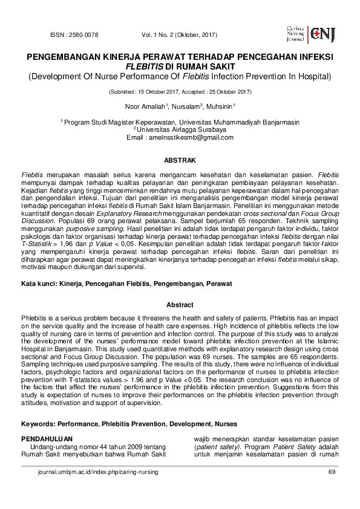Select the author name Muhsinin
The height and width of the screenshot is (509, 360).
[x=221, y=106]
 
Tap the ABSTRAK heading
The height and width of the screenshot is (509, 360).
[x=180, y=161]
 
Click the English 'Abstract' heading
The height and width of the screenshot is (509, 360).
[x=180, y=305]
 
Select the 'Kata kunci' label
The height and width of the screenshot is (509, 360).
[x=39, y=283]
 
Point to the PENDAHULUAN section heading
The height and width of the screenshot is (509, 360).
[x=47, y=438]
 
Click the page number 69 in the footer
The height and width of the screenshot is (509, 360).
[x=331, y=472]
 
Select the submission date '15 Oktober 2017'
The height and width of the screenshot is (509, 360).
[x=160, y=92]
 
